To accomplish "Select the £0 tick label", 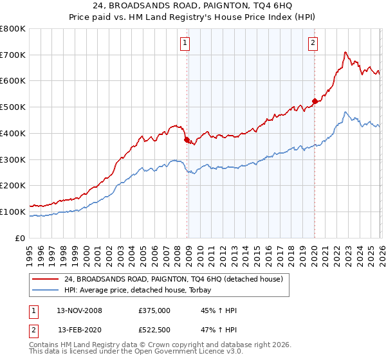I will click(x=20, y=238).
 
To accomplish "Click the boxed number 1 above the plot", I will click(x=185, y=43).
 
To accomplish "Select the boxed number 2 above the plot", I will click(x=313, y=43).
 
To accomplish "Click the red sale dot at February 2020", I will click(x=315, y=101).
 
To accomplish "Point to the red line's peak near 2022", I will click(x=345, y=52).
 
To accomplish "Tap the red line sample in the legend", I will click(x=46, y=279).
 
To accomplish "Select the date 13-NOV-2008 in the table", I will click(x=79, y=310).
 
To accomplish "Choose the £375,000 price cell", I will click(x=154, y=310).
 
